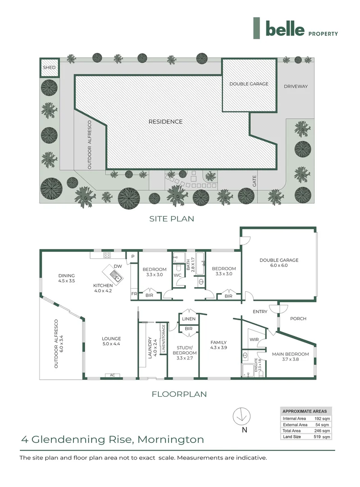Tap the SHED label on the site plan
click(49, 68)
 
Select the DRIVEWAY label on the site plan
click(296, 86)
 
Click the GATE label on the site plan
click(255, 182)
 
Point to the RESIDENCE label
click(166, 122)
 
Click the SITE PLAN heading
click(172, 219)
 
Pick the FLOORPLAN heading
click(178, 394)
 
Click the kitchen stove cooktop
click(108, 255)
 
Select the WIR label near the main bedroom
click(253, 340)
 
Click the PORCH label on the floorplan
click(298, 319)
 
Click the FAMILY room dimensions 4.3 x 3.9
click(219, 348)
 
